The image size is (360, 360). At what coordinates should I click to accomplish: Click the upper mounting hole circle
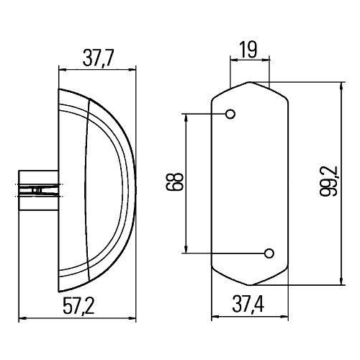click(x=231, y=114)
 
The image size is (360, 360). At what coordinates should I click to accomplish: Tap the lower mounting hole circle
click(x=269, y=253)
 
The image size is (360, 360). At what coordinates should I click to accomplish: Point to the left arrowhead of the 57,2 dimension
click(x=19, y=318)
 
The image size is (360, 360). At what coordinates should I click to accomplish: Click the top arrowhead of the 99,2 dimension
click(x=338, y=84)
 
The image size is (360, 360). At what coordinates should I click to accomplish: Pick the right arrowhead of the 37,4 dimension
click(x=287, y=318)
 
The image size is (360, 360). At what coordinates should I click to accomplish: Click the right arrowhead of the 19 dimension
click(x=266, y=60)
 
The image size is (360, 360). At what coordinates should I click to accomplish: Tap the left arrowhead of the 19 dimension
click(x=232, y=60)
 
